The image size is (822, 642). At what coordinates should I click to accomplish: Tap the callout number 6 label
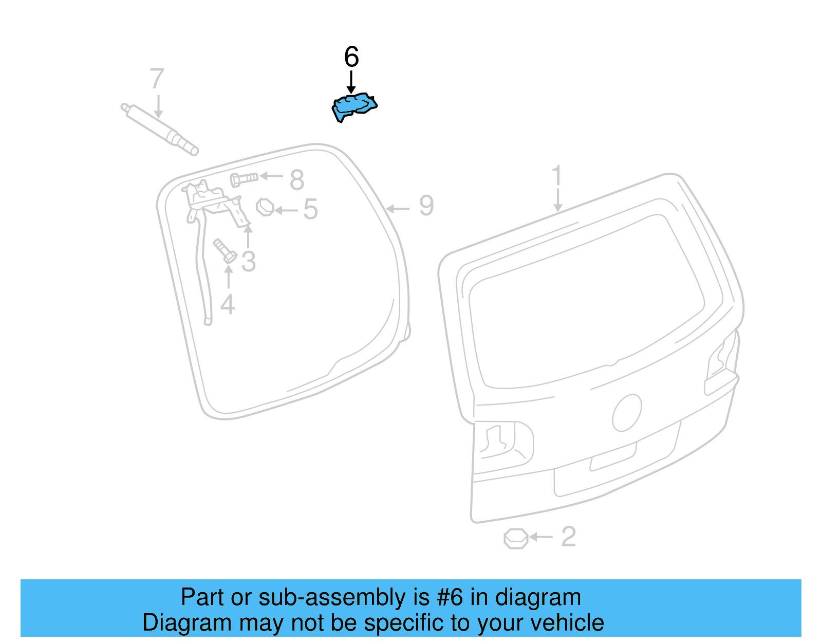[351, 57]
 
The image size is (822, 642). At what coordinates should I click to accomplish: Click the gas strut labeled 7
[159, 129]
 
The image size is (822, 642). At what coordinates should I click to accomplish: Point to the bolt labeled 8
[244, 179]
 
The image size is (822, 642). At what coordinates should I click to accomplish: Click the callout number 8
[297, 180]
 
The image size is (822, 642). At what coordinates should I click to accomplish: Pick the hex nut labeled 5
[265, 207]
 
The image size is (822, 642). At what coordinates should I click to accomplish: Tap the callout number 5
[310, 210]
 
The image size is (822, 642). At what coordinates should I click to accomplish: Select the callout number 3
[249, 262]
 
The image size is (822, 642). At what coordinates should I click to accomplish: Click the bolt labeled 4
[225, 250]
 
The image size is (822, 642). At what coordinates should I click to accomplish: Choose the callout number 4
[228, 304]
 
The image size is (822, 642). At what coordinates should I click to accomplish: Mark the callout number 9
[426, 206]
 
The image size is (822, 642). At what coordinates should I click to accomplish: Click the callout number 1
[557, 176]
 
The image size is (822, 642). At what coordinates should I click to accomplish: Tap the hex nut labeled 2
[515, 538]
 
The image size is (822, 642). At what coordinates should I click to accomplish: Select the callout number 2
[568, 537]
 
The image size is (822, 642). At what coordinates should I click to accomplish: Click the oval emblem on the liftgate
[627, 413]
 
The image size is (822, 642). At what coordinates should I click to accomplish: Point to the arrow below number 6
[351, 82]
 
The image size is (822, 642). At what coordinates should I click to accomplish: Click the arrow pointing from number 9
[398, 209]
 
